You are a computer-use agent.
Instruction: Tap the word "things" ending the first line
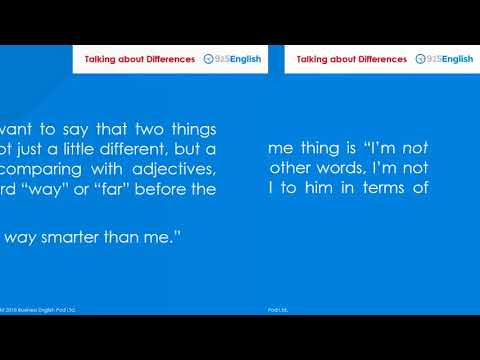pyautogui.click(x=192, y=131)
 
